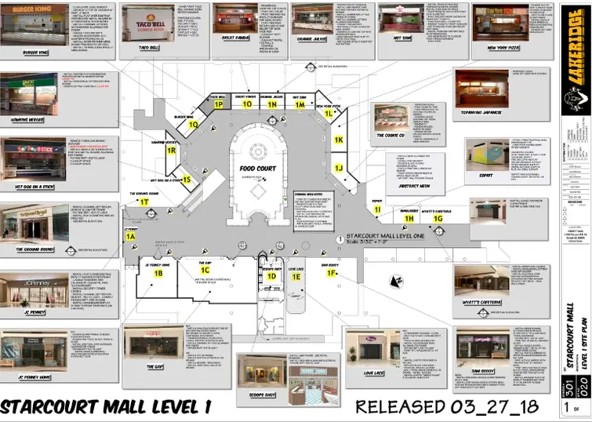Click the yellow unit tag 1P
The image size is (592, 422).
(x=220, y=104)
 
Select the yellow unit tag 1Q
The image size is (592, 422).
(x=193, y=123)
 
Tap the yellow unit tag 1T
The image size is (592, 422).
(x=143, y=202)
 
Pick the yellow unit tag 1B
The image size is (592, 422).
(x=158, y=274)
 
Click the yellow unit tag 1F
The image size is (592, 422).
(x=332, y=273)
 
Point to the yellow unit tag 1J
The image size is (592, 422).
(x=339, y=168)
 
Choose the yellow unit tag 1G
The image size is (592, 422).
(x=438, y=219)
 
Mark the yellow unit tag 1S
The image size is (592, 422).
(x=187, y=180)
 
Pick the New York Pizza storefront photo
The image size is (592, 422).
(x=500, y=24)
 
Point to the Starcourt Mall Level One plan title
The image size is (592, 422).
(x=383, y=235)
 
